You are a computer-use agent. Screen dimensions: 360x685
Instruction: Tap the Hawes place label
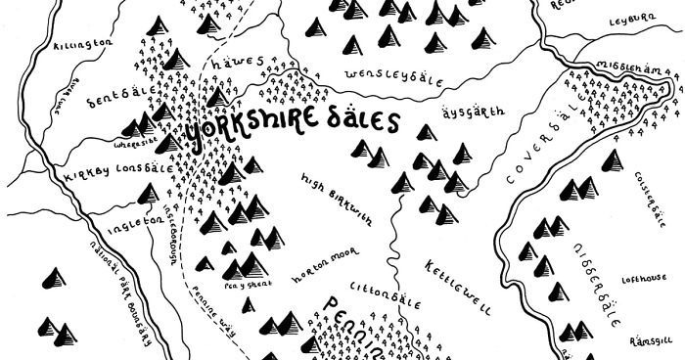(x=244, y=62)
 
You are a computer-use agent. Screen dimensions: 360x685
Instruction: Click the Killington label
(x=87, y=44)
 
